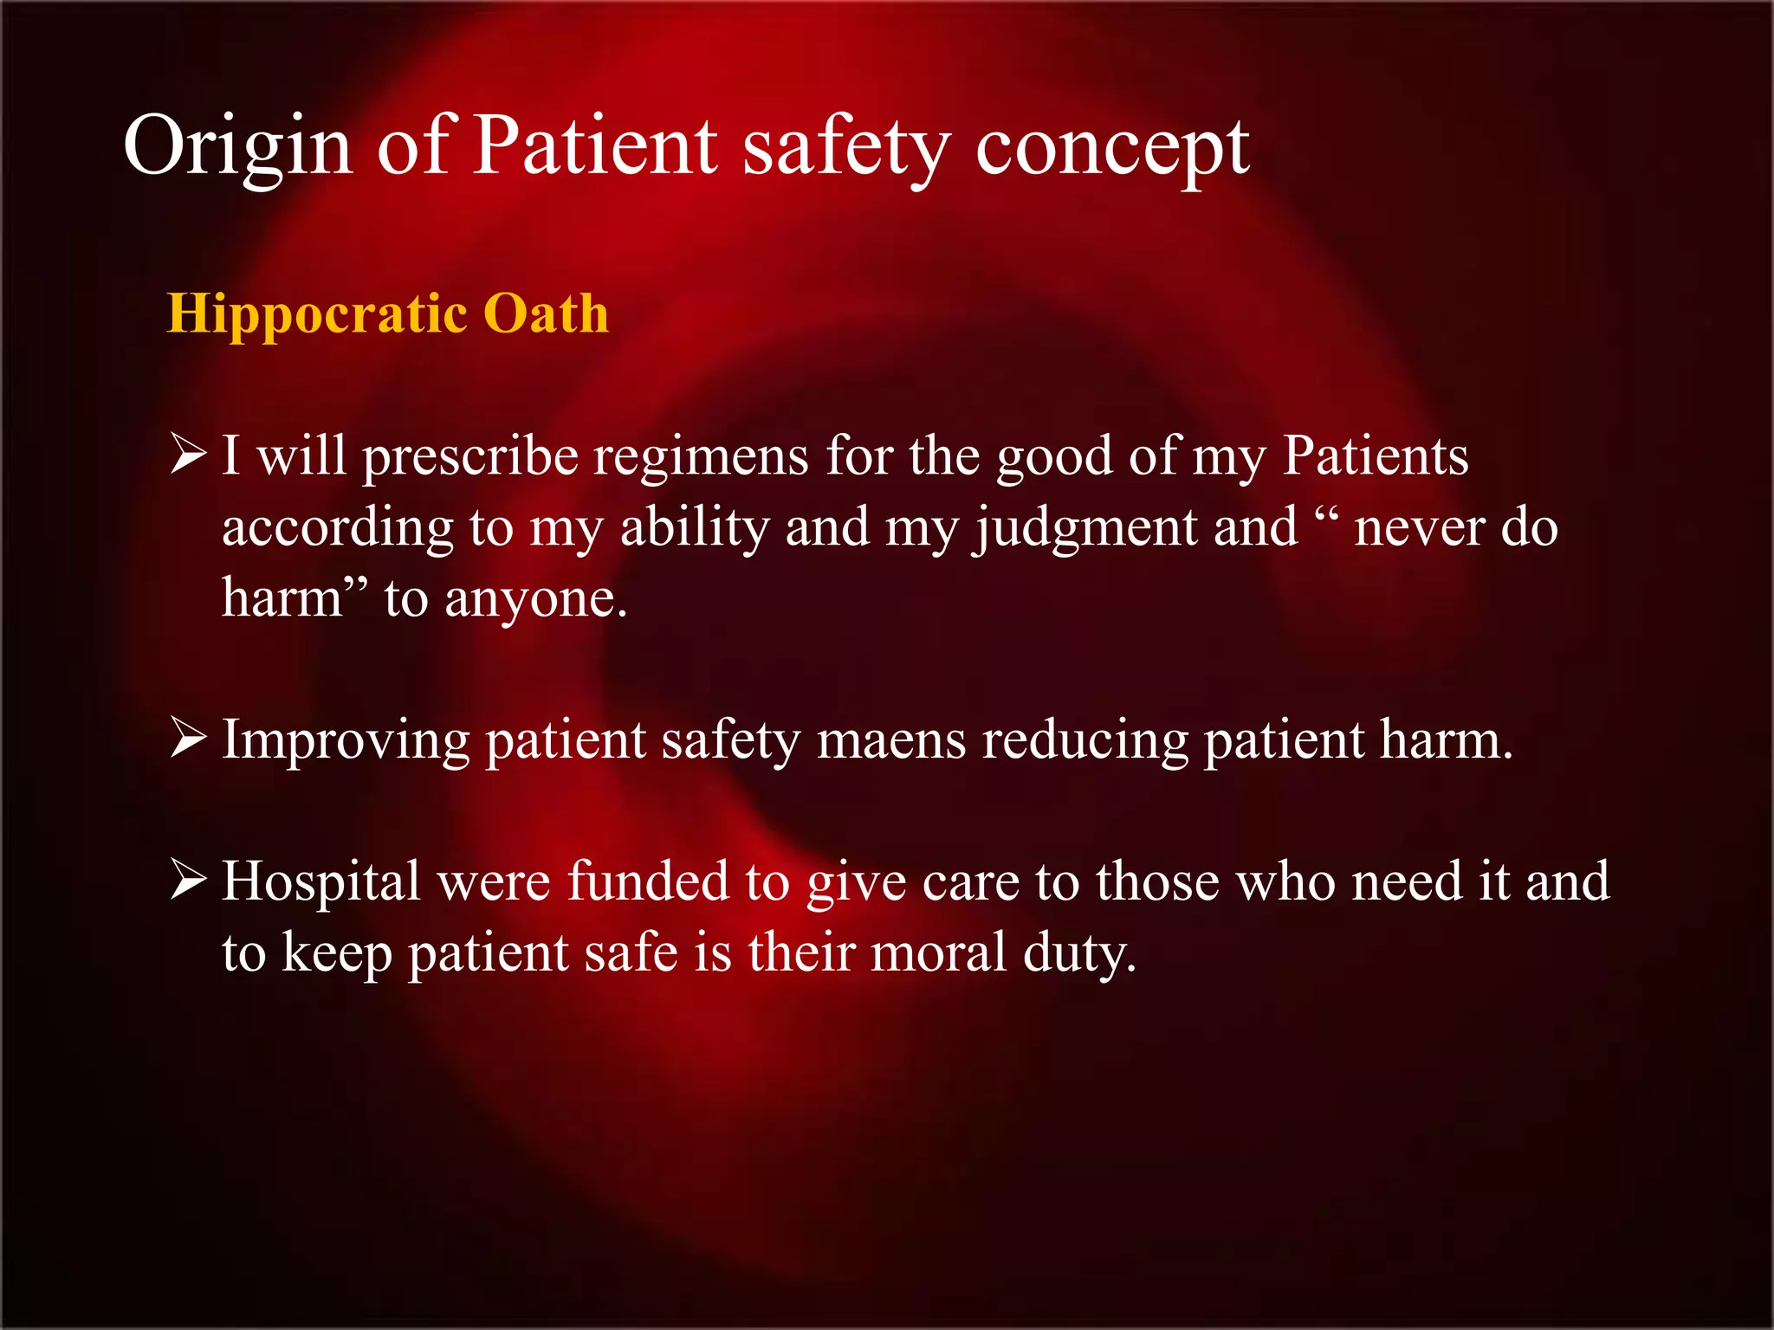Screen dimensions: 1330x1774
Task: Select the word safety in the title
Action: coord(846,145)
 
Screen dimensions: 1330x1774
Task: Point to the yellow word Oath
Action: coord(546,313)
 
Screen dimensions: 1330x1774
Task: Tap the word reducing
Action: coord(1084,741)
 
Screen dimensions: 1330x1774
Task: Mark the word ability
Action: coord(695,527)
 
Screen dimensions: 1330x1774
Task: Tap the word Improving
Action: coord(346,741)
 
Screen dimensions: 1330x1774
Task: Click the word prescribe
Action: coord(469,456)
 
